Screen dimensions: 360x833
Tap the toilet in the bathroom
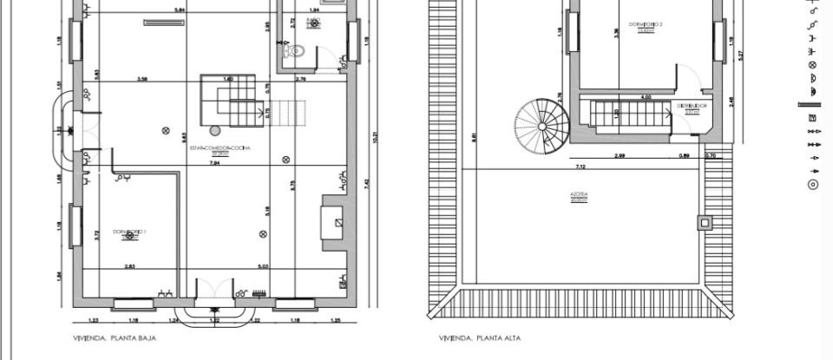(x=294, y=52)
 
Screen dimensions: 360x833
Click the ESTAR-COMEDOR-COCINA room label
(x=220, y=148)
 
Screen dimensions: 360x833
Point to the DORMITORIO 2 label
(x=644, y=27)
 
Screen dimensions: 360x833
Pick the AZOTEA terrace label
(x=579, y=198)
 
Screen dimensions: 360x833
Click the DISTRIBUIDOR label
(x=692, y=107)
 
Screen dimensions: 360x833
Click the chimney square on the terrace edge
(x=704, y=222)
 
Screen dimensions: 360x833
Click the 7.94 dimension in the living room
(x=214, y=162)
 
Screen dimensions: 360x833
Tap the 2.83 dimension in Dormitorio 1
(x=129, y=265)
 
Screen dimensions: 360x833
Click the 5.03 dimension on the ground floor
(x=264, y=265)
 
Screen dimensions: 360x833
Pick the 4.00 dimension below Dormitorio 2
(x=646, y=97)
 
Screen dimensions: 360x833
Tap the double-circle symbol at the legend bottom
(x=813, y=184)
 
